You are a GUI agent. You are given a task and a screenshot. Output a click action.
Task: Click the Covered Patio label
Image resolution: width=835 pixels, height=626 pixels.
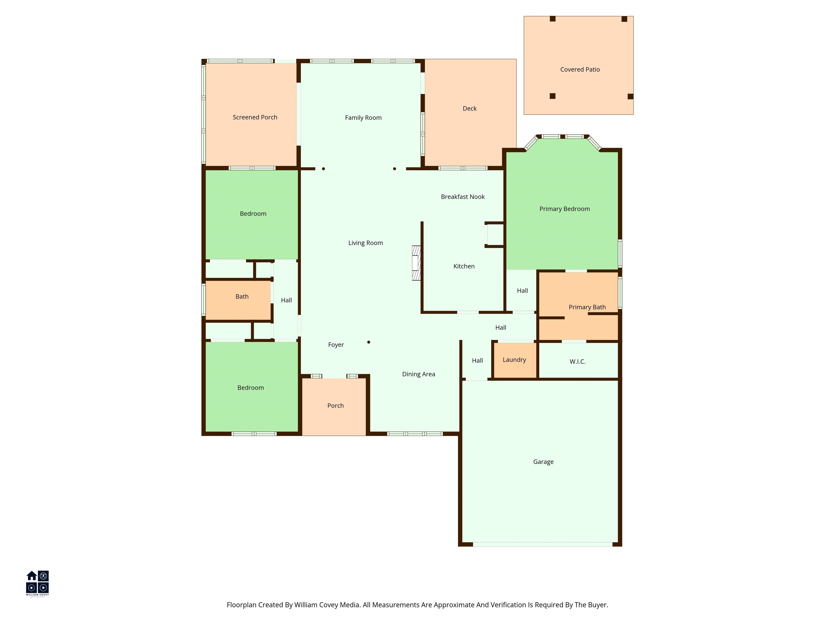click(x=580, y=70)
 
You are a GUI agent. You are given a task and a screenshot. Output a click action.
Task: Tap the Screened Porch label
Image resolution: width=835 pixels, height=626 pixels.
click(x=255, y=117)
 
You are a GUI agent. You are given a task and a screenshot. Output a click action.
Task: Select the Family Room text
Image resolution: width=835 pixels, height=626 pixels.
click(x=363, y=118)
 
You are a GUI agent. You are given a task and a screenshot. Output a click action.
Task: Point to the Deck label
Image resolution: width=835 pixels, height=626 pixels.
click(x=470, y=109)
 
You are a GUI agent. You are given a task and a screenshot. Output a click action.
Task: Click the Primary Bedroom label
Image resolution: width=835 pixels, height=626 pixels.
click(x=564, y=209)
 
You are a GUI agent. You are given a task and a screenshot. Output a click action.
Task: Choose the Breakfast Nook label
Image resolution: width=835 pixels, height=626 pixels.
click(x=463, y=197)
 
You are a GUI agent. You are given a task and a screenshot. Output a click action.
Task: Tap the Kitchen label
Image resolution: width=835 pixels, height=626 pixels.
click(x=464, y=266)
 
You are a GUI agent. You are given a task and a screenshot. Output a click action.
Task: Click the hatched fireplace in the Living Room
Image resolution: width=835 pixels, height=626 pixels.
click(x=416, y=263)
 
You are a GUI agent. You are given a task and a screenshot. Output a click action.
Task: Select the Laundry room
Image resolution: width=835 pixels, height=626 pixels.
click(x=515, y=360)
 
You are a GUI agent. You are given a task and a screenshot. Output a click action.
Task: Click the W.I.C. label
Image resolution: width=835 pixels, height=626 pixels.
click(x=578, y=361)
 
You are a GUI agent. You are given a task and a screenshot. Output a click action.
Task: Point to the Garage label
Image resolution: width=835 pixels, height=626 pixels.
click(x=543, y=462)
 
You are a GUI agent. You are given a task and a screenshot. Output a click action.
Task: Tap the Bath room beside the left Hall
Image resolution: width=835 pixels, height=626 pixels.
click(x=238, y=300)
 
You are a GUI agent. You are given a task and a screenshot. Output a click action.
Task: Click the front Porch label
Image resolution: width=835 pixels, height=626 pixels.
click(x=336, y=406)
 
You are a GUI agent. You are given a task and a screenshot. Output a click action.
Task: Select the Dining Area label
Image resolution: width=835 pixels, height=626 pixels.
click(x=419, y=374)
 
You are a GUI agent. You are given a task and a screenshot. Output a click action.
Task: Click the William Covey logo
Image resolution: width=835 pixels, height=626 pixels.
click(x=37, y=583)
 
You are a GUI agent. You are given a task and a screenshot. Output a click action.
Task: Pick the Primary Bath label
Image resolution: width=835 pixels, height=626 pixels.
click(x=587, y=307)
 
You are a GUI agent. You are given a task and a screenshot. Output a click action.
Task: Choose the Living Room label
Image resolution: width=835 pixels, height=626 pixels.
click(x=365, y=243)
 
